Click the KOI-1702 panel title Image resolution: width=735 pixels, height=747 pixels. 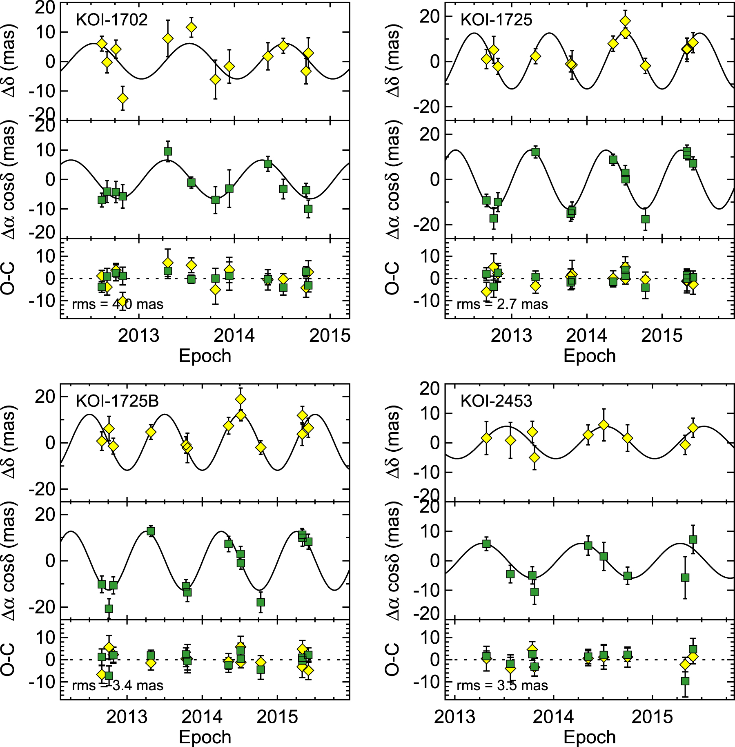[x=111, y=20]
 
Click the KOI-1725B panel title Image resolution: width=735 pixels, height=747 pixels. [x=117, y=401]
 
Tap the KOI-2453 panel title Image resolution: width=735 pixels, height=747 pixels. [x=496, y=401]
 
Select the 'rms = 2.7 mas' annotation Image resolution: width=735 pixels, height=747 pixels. [x=502, y=304]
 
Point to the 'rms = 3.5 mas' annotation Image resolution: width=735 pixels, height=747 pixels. [x=502, y=685]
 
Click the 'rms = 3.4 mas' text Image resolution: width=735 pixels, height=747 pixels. [x=118, y=685]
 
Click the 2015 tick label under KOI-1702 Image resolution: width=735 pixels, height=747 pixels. [x=330, y=336]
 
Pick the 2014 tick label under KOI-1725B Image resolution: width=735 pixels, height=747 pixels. [x=202, y=717]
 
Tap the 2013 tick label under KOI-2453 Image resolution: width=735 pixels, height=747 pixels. [x=454, y=717]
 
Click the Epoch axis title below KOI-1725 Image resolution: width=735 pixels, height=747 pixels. [x=590, y=356]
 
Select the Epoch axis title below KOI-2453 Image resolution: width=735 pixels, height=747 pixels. [x=590, y=737]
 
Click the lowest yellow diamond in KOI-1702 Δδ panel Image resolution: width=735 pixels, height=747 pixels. [x=122, y=98]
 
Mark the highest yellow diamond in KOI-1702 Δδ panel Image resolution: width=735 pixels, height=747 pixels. [x=191, y=27]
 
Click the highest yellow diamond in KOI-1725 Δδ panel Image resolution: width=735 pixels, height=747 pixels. [x=625, y=21]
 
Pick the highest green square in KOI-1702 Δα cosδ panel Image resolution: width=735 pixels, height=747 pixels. [x=168, y=152]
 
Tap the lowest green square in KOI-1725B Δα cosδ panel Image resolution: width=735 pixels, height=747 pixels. [x=109, y=609]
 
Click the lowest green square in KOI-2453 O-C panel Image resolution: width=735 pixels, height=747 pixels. [x=685, y=681]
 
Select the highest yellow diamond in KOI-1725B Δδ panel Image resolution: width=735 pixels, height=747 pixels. [x=241, y=399]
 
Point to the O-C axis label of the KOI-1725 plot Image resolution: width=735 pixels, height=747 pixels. [x=392, y=278]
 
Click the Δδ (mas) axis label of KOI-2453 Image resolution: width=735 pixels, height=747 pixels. [x=393, y=442]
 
